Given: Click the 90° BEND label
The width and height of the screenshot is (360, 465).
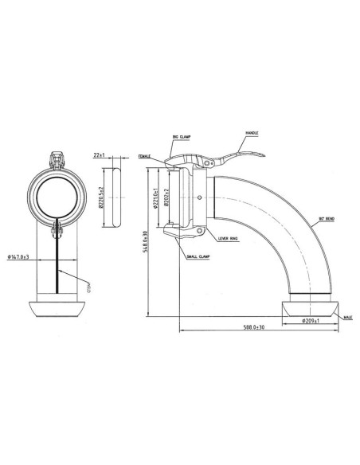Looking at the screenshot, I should pyautogui.click(x=325, y=218).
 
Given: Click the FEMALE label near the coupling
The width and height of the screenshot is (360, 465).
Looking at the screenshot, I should pyautogui.click(x=145, y=156).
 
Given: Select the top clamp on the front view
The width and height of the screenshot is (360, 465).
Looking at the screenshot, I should pyautogui.click(x=57, y=162).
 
